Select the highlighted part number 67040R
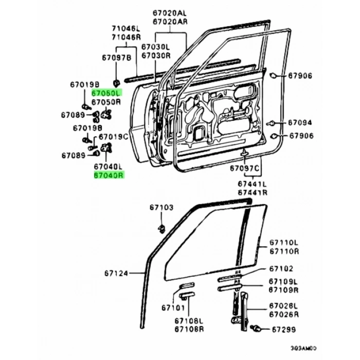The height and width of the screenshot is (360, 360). pos(109,175)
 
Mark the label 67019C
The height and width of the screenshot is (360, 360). pos(113,137)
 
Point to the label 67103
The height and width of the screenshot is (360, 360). pos(162,207)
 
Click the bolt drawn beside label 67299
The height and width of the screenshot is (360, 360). pos(256,327)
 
